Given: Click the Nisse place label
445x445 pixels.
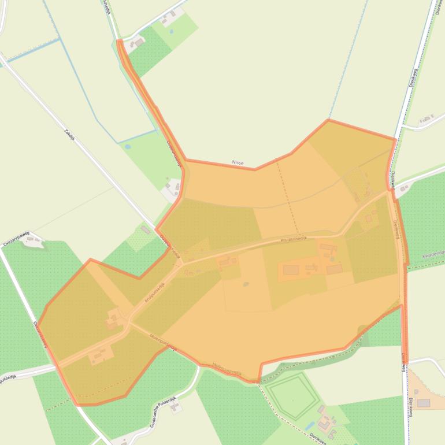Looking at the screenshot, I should pyautogui.click(x=238, y=163).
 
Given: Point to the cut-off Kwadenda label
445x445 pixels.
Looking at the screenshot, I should pyautogui.click(x=432, y=254).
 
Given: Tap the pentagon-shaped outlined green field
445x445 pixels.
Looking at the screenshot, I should pyautogui.click(x=292, y=395).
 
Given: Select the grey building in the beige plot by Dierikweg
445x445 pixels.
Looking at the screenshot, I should pyautogui.click(x=424, y=403).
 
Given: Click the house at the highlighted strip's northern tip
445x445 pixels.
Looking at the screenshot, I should pyautogui.click(x=138, y=43).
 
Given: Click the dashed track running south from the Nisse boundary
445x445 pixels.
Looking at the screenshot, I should pyautogui.click(x=287, y=196).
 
